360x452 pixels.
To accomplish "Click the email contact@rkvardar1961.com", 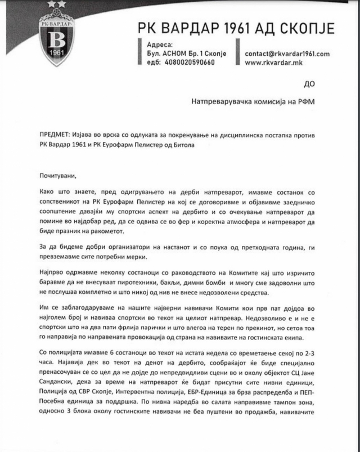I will tap(286, 53).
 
